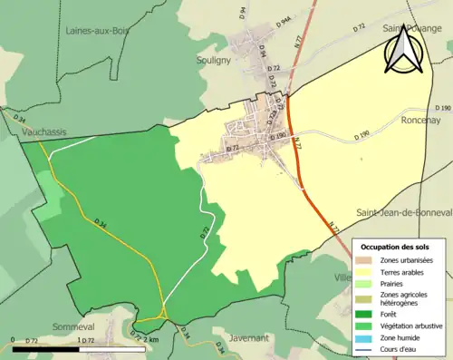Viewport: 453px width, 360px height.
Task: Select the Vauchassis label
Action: (x=45, y=131)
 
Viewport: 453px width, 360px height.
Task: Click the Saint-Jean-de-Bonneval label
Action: (x=404, y=211)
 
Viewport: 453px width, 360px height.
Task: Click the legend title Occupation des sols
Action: (x=395, y=247)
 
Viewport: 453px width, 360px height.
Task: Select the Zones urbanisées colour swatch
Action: (x=364, y=261)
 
